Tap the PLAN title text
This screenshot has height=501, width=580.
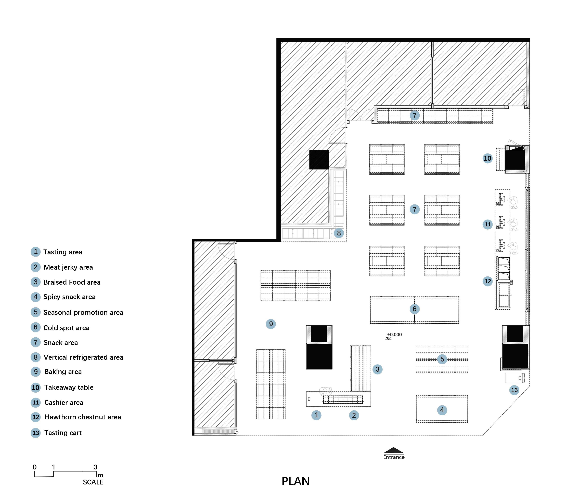[x=296, y=481]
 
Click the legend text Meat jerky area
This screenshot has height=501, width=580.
[x=68, y=267]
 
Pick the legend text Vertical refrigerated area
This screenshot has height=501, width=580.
[x=83, y=357]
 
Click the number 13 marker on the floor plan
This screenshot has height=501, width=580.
[x=514, y=390]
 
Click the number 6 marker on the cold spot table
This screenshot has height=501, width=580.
[x=415, y=309]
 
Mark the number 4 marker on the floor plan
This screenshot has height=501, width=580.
[x=442, y=410]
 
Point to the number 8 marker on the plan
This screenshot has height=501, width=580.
[x=339, y=233]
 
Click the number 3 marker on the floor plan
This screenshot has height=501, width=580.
[x=377, y=369]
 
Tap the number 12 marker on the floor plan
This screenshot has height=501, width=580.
[x=488, y=281]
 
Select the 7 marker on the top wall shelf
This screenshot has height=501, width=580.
[x=415, y=115]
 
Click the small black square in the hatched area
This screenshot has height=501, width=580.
[x=319, y=160]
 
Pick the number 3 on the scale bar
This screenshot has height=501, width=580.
[x=95, y=467]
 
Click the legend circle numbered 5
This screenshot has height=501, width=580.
[x=36, y=312]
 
